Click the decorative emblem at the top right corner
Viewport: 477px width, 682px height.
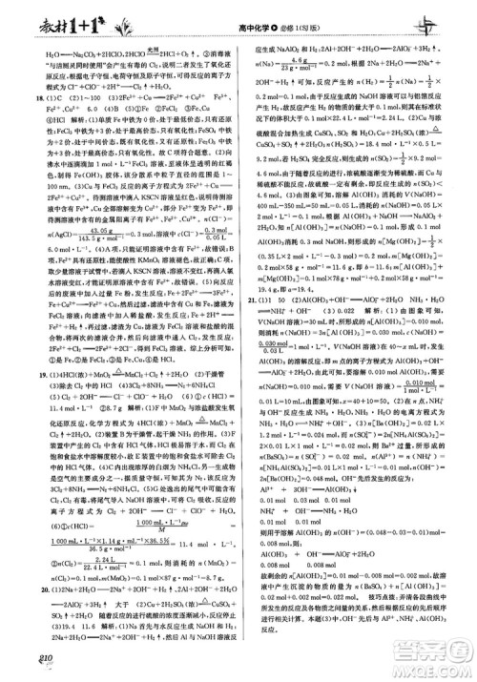445,19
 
